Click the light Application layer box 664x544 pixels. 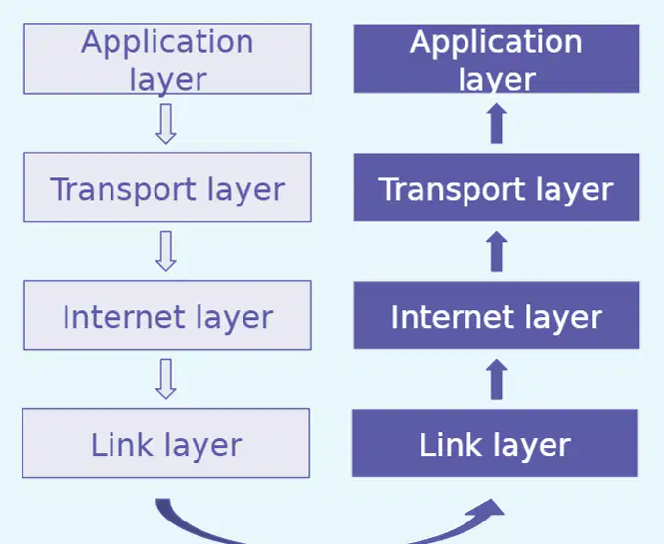coord(167,59)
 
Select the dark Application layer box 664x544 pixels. coord(497,59)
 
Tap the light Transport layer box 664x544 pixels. coord(167,187)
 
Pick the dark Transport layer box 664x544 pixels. coord(497,187)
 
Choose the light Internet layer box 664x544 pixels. coord(167,315)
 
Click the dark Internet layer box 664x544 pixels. coord(497,315)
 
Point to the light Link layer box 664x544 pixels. coord(166,443)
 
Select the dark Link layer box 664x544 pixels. coord(495,443)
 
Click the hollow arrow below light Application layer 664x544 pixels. coord(166,123)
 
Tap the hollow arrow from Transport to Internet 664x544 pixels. coord(166,250)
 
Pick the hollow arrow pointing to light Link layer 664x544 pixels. coord(166,379)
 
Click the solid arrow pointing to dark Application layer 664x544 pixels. coord(497,123)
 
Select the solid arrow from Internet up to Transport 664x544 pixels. coord(497,251)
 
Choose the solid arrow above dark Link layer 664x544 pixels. coord(497,380)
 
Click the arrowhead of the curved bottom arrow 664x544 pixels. coord(488,509)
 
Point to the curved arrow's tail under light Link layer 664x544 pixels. coord(163,504)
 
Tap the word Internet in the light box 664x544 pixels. coord(123,317)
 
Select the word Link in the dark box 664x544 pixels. coord(451,444)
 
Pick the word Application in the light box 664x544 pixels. coord(167,43)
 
